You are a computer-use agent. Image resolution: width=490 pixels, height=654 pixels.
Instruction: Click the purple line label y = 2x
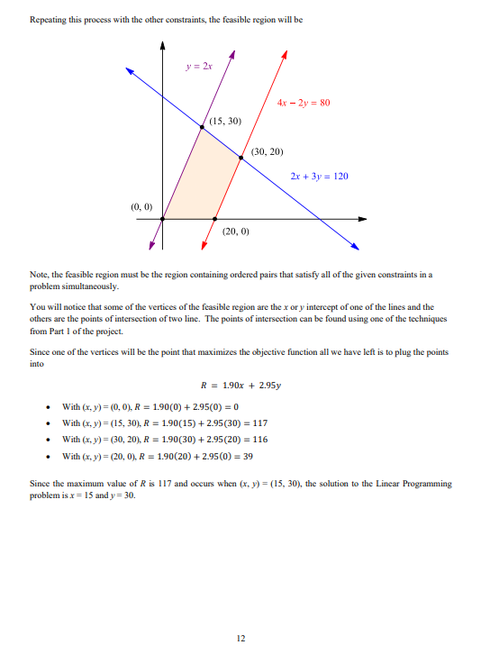(195, 66)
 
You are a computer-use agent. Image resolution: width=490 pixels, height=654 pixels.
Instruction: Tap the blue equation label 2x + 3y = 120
(319, 177)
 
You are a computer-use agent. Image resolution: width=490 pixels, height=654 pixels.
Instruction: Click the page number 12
(240, 638)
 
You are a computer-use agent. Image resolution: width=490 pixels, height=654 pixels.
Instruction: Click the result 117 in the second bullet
(259, 423)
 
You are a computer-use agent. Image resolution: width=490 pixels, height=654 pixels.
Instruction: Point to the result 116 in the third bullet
(259, 440)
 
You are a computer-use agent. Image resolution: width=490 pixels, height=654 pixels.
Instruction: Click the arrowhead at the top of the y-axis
(162, 44)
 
